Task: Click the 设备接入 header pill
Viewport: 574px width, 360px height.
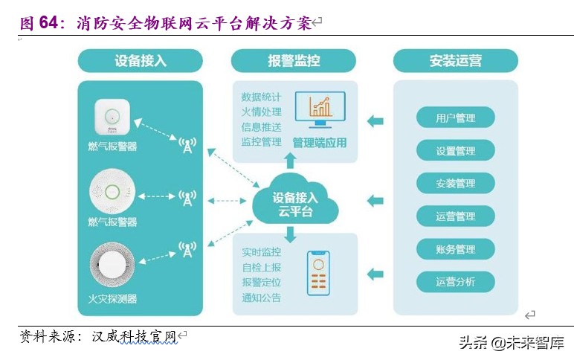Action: coord(141,61)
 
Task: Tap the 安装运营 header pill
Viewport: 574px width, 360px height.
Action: coord(455,61)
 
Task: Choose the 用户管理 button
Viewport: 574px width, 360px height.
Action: coord(455,118)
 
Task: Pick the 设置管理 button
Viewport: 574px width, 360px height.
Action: coord(455,151)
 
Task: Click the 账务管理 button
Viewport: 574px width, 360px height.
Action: coord(455,249)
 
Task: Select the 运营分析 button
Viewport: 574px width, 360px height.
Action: coord(455,282)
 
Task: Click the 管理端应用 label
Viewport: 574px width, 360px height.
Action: coord(320,142)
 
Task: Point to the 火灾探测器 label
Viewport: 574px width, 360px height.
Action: coord(112,299)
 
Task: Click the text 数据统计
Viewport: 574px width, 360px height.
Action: coord(261,97)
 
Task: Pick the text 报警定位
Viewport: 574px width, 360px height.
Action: coord(261,283)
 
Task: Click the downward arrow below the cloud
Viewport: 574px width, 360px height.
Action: coord(291,235)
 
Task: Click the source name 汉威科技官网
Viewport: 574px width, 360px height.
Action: coord(133,337)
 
